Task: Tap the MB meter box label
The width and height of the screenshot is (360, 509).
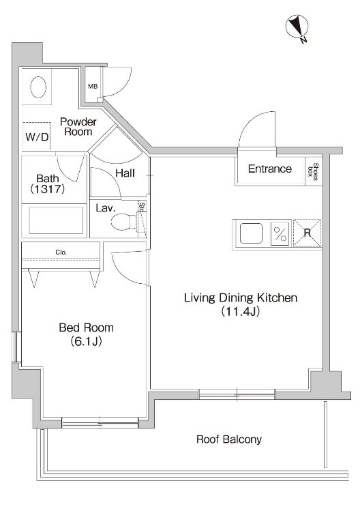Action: (x=93, y=87)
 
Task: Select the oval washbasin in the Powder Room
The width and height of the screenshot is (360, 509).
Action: (x=38, y=87)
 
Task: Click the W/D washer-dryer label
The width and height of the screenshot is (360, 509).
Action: (x=37, y=137)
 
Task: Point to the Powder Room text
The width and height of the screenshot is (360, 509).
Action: (x=78, y=127)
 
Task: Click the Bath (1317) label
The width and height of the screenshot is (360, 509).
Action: (x=48, y=184)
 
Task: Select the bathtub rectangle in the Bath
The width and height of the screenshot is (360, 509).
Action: (x=56, y=220)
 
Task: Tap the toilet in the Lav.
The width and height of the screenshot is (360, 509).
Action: (x=125, y=221)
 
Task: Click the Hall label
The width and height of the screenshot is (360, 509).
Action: (x=125, y=173)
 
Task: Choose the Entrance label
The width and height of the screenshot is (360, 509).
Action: (x=270, y=169)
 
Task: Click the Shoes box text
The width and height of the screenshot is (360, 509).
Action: (x=314, y=171)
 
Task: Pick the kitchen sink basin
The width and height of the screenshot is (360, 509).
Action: (x=251, y=233)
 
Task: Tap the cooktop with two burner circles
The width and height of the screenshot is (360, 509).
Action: (x=280, y=234)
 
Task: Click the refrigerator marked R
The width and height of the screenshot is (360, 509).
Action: (x=307, y=233)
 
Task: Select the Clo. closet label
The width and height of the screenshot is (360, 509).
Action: (x=61, y=252)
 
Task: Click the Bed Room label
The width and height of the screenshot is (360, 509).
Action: (x=87, y=328)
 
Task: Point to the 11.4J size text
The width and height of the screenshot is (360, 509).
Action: (x=241, y=312)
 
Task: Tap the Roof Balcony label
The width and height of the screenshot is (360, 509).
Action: (x=229, y=440)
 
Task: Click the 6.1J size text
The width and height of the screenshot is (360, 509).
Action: (x=87, y=342)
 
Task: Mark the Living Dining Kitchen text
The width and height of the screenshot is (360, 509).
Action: (x=241, y=298)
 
